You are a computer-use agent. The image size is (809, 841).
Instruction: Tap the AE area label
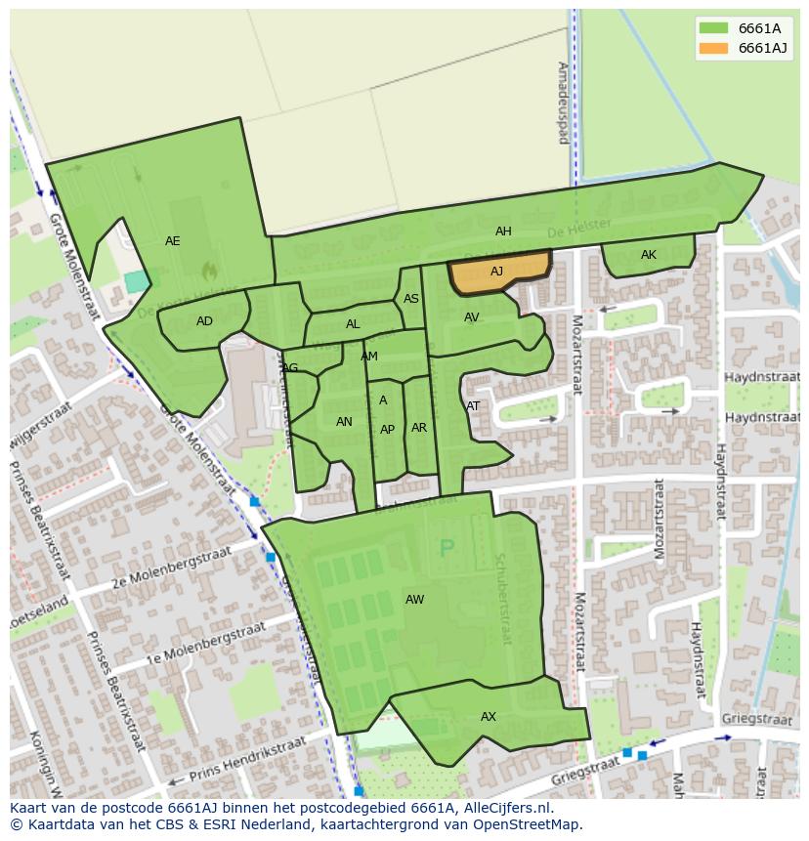173,241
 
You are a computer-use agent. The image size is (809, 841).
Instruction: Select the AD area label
204,321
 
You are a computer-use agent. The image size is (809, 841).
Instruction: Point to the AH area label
503,231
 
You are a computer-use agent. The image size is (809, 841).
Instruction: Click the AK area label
649,255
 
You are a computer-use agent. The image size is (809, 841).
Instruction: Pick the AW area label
415,599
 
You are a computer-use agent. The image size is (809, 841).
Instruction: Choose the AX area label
489,717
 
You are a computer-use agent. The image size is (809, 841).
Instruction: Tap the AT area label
473,406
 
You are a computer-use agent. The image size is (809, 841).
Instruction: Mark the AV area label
472,317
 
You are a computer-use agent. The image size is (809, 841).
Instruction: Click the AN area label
344,422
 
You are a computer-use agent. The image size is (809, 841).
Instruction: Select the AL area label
353,324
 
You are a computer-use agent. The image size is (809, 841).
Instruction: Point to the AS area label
411,299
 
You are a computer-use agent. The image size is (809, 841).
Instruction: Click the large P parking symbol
447,548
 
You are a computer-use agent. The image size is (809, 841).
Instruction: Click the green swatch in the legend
713,28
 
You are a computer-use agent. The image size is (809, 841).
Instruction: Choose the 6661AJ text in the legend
762,48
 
